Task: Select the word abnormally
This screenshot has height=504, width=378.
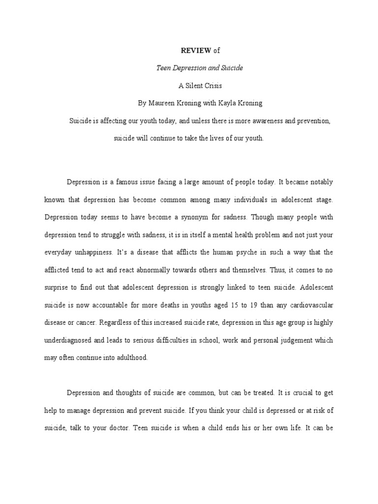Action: click(x=153, y=270)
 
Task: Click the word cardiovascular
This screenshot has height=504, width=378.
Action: click(x=305, y=305)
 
